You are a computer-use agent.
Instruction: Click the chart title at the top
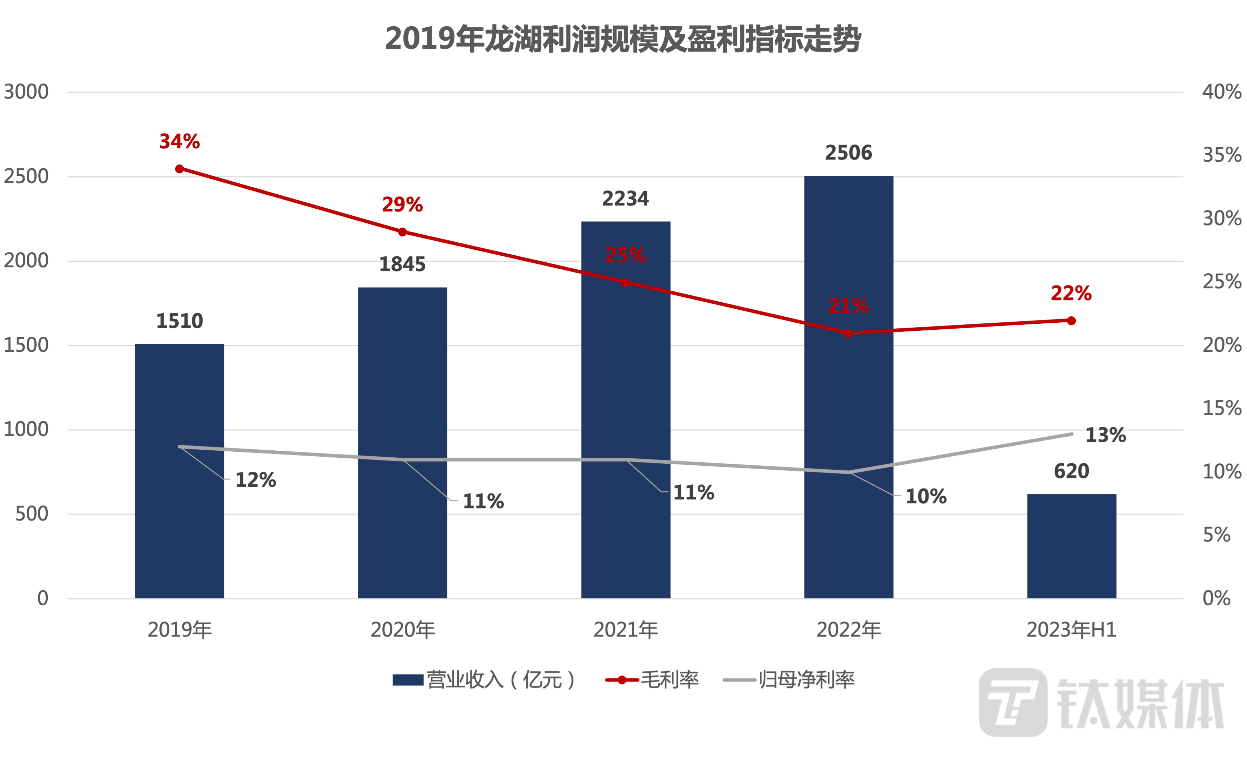click(x=623, y=39)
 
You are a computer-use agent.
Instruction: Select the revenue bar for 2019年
click(x=180, y=470)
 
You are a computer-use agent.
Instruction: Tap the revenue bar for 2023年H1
click(x=1071, y=546)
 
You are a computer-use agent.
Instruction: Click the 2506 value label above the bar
click(x=848, y=153)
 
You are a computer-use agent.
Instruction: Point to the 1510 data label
click(x=180, y=321)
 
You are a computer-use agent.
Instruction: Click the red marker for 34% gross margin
click(x=180, y=169)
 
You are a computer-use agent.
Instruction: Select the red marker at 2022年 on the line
click(x=848, y=333)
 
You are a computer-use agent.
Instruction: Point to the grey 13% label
click(x=1106, y=435)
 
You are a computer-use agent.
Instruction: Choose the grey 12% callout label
click(x=256, y=480)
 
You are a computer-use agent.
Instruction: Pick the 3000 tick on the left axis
click(x=26, y=92)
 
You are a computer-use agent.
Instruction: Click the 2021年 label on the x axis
click(x=626, y=630)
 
